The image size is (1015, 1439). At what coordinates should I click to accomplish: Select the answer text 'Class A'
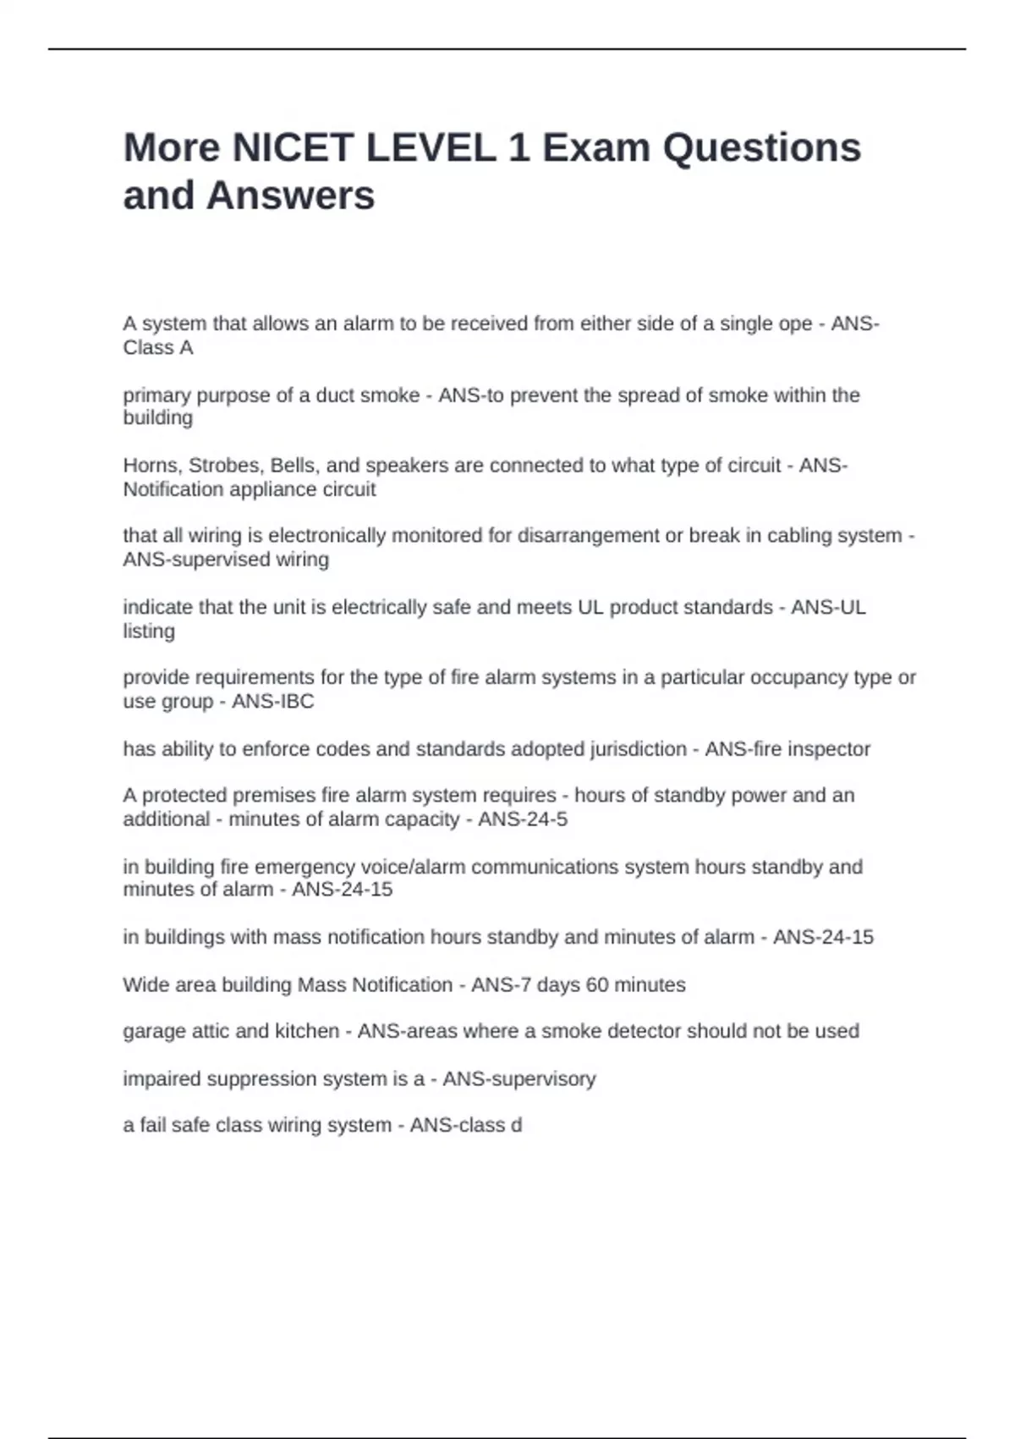click(x=158, y=348)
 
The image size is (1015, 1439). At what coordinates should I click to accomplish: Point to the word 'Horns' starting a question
click(x=150, y=466)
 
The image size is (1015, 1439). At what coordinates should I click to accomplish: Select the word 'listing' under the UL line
click(x=149, y=631)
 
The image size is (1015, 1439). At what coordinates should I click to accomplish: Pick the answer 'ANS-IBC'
click(x=272, y=702)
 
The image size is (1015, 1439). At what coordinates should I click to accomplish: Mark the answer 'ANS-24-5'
click(x=523, y=819)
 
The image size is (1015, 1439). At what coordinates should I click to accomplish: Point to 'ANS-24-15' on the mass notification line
click(x=823, y=937)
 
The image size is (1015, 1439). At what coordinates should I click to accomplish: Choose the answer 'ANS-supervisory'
click(x=519, y=1079)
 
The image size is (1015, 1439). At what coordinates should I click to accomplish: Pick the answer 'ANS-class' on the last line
click(x=457, y=1126)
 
